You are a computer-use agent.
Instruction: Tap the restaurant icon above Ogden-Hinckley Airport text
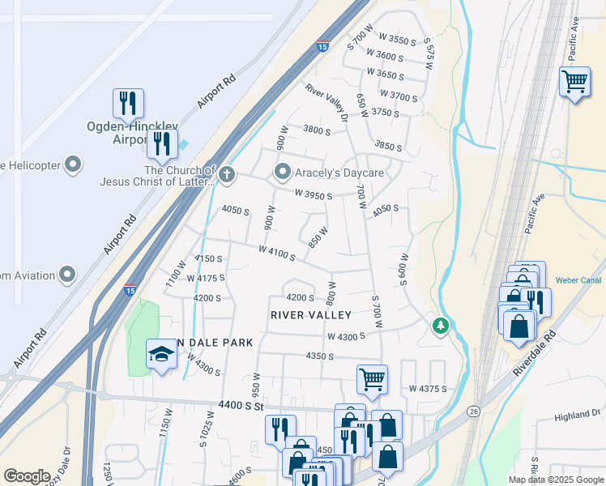[x=128, y=103]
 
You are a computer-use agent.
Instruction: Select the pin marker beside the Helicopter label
[x=73, y=165]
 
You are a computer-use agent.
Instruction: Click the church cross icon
[x=228, y=173]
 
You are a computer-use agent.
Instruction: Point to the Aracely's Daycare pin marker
[x=283, y=173]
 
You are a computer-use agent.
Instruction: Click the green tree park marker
[x=440, y=325]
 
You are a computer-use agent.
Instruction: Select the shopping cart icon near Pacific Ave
[x=574, y=81]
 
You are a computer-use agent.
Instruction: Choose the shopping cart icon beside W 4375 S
[x=372, y=378]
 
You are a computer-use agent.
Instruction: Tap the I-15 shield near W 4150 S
[x=130, y=289]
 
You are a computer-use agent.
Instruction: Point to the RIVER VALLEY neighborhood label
[x=311, y=315]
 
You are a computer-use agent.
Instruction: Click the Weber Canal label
[x=576, y=281]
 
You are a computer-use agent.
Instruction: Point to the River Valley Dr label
[x=326, y=103]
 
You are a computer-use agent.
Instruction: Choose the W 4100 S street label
[x=277, y=254]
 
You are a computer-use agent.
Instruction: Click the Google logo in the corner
[x=27, y=475]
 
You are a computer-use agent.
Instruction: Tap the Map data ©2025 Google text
[x=555, y=480]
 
